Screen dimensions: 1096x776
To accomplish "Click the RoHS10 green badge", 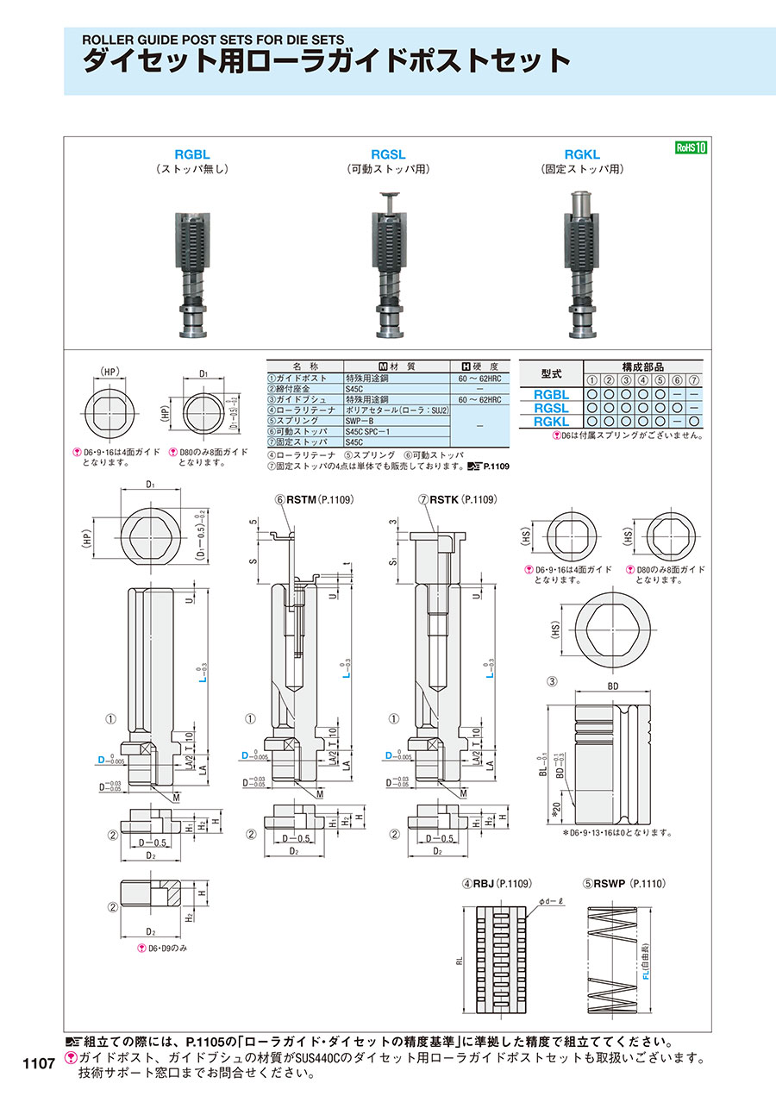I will coord(691,147).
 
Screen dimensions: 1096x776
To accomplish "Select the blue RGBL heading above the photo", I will coord(192,154).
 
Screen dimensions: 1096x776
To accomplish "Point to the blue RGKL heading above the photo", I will coord(582,154).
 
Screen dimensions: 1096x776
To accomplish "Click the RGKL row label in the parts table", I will coord(552,422).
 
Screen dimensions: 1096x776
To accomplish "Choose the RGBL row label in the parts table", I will coord(552,393).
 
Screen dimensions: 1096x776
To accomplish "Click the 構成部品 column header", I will coord(643,366).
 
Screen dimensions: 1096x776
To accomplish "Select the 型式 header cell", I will coord(551,373).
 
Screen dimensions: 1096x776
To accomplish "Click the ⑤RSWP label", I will coord(609,884).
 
